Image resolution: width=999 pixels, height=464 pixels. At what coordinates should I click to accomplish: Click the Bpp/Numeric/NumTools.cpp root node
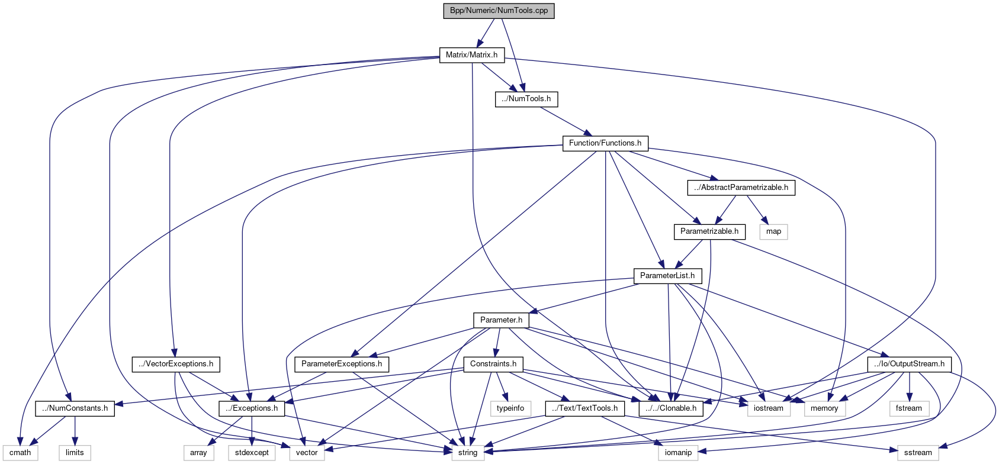point(499,11)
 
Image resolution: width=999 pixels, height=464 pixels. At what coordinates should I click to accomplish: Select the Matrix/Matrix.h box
point(471,55)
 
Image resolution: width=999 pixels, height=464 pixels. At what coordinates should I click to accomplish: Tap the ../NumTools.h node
point(526,99)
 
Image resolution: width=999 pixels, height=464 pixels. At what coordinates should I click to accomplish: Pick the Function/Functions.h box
point(605,143)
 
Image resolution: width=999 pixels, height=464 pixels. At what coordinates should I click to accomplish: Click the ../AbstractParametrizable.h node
point(741,188)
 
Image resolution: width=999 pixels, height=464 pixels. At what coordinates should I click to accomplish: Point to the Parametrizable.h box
point(709,231)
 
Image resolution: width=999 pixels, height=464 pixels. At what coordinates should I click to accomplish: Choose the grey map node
point(773,231)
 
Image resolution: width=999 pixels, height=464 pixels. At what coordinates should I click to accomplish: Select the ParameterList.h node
point(667,276)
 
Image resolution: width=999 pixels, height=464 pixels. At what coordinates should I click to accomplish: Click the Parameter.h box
point(501,320)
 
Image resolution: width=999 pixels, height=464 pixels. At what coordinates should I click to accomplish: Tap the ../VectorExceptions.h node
point(176,364)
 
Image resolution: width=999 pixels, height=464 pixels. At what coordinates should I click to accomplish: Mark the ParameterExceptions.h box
point(341,364)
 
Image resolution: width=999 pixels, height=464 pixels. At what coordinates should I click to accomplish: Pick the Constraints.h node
point(493,364)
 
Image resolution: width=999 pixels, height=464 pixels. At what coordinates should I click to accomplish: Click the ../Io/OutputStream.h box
point(909,364)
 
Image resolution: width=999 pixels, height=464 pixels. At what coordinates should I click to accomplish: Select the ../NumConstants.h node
point(75,408)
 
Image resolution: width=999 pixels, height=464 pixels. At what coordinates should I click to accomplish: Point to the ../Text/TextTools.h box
point(584,408)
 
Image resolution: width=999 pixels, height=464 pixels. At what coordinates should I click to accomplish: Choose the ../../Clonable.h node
point(671,408)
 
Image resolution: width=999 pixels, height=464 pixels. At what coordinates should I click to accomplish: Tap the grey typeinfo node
point(510,408)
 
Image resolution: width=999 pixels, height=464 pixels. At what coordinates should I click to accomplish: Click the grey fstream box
point(908,408)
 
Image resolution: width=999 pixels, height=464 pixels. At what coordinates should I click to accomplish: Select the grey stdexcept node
point(252,453)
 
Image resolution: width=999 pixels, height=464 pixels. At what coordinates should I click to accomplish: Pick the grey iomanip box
point(678,453)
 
